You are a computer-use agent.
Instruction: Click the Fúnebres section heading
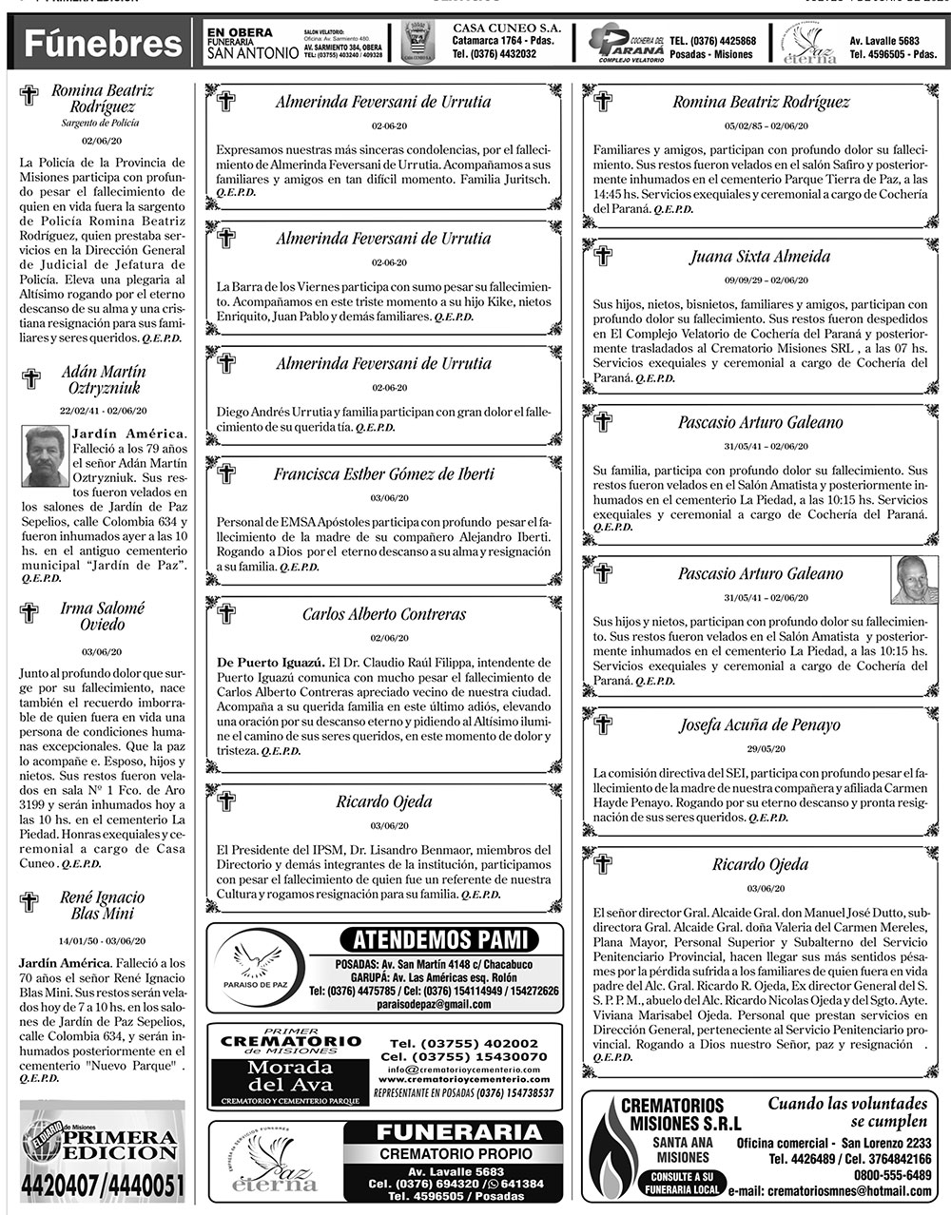pyautogui.click(x=103, y=43)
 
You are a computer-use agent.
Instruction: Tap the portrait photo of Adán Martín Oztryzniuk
pyautogui.click(x=45, y=455)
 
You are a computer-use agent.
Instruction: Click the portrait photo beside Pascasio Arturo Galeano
pyautogui.click(x=914, y=580)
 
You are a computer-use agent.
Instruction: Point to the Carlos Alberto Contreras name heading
pyautogui.click(x=384, y=614)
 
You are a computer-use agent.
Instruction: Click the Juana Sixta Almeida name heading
pyautogui.click(x=760, y=257)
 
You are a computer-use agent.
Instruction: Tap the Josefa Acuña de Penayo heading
pyautogui.click(x=760, y=725)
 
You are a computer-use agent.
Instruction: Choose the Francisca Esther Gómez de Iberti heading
pyautogui.click(x=384, y=473)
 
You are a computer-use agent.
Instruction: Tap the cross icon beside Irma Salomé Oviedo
pyautogui.click(x=29, y=612)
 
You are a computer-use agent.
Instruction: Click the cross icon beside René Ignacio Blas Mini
pyautogui.click(x=29, y=901)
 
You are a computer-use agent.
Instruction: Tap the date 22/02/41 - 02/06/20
pyautogui.click(x=103, y=411)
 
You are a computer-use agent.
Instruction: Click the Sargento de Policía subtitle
pyautogui.click(x=101, y=124)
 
